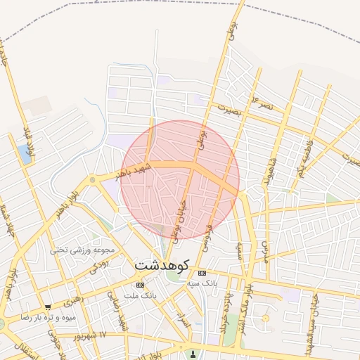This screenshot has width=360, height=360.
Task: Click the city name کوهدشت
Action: click(162, 266)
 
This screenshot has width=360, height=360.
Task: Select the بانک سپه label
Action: click(202, 283)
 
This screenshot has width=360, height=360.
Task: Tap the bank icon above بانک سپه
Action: click(202, 272)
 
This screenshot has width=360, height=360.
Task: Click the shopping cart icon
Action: click(48, 307)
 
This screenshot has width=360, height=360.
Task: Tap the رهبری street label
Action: click(73, 302)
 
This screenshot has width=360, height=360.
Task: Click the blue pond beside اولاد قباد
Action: click(26, 155)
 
